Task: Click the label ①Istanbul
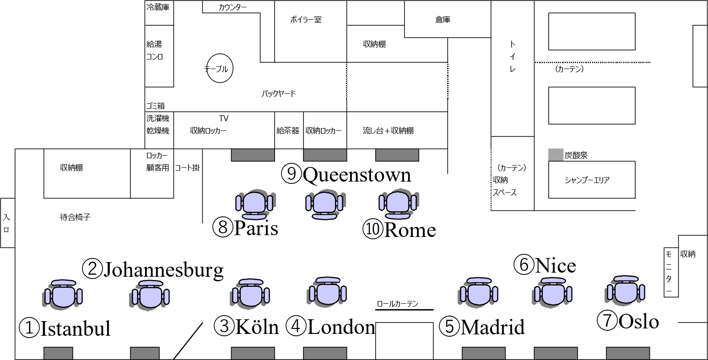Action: coord(65,328)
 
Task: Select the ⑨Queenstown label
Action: coord(346,174)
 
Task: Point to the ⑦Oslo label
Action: coord(628,321)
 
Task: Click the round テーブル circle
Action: coord(220,69)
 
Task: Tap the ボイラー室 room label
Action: coord(306,20)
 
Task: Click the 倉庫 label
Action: coord(443,20)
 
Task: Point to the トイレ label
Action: coord(513,57)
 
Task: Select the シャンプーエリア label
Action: coord(587,180)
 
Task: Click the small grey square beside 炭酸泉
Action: coord(555,155)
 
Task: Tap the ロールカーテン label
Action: coord(398,304)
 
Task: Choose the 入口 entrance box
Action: coord(7,223)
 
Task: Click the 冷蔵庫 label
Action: coord(158,8)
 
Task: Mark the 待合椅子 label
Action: coord(75,217)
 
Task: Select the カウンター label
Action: coord(232,7)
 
